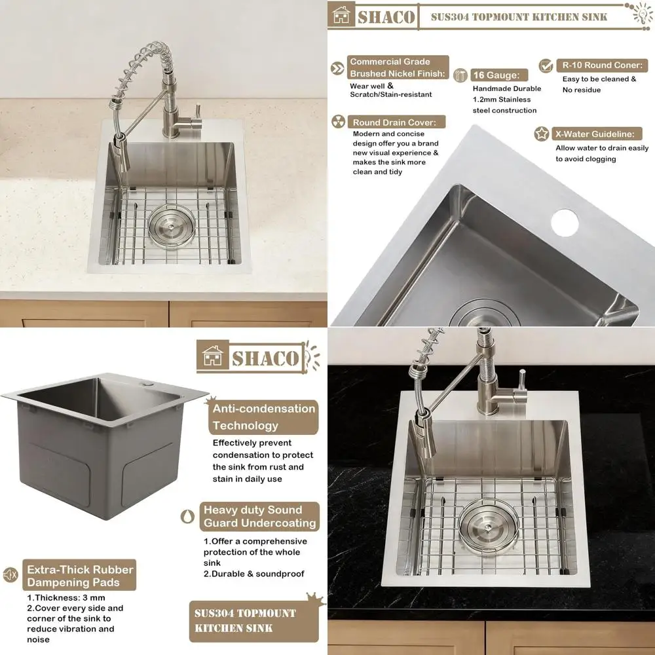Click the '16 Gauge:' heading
(496, 75)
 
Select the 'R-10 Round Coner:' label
(601, 65)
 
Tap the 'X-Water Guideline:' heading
(594, 134)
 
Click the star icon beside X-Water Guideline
(542, 134)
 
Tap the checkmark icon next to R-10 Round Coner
(546, 65)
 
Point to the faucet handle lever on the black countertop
(522, 382)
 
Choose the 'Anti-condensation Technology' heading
(263, 417)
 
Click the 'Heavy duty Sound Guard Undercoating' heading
(259, 517)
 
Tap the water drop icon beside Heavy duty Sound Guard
(187, 516)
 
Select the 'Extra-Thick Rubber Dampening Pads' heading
(79, 576)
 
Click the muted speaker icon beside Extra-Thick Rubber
(10, 575)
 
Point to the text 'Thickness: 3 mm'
(65, 597)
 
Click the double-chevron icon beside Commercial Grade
(338, 68)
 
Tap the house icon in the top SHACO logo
(341, 16)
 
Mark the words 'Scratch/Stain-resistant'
(390, 94)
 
